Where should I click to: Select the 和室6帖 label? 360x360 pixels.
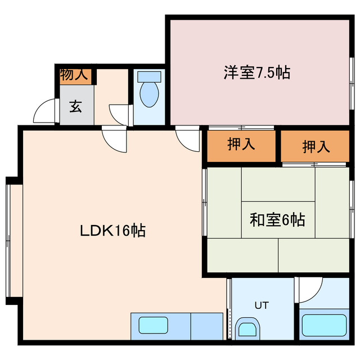(x=277, y=219)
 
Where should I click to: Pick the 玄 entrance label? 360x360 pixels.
(x=75, y=106)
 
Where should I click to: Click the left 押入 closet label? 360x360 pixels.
(x=241, y=144)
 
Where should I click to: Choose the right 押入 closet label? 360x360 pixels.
(x=316, y=146)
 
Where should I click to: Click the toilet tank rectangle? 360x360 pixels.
(x=149, y=76)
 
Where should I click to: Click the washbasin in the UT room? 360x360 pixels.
(x=247, y=327)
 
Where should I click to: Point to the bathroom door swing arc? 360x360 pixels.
(x=307, y=290)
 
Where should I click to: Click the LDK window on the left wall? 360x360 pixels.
(x=9, y=237)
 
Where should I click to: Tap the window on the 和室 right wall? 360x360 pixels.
(x=352, y=208)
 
